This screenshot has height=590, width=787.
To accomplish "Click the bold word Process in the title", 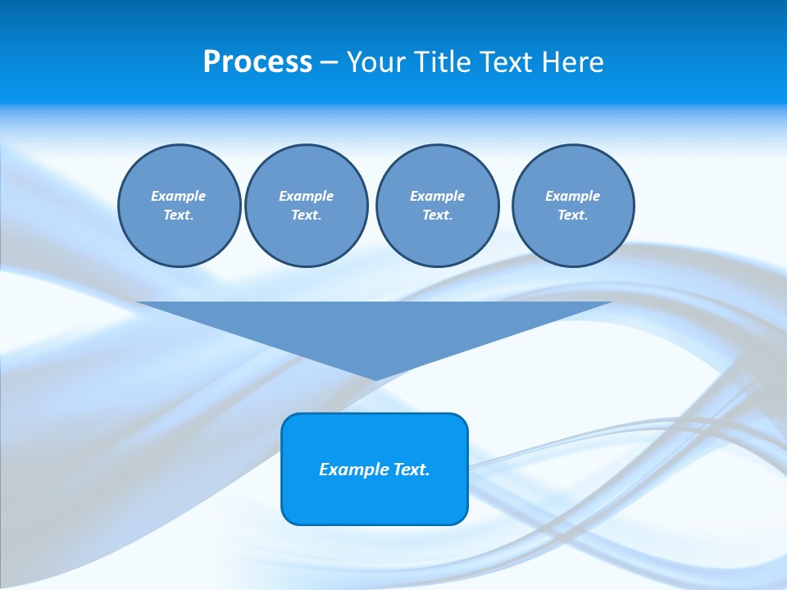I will point(257,62).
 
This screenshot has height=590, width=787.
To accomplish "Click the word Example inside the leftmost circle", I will point(179,196).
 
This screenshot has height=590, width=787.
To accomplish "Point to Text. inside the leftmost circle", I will point(179,215).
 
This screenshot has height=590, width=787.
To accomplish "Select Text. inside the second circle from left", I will point(306,215).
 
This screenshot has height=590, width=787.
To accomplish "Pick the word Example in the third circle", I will point(437,196).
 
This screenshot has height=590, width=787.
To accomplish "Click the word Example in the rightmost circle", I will point(573,196).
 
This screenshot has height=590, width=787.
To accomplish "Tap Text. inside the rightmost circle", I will point(573,215).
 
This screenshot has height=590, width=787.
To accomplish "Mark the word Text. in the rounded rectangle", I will point(412,470).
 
